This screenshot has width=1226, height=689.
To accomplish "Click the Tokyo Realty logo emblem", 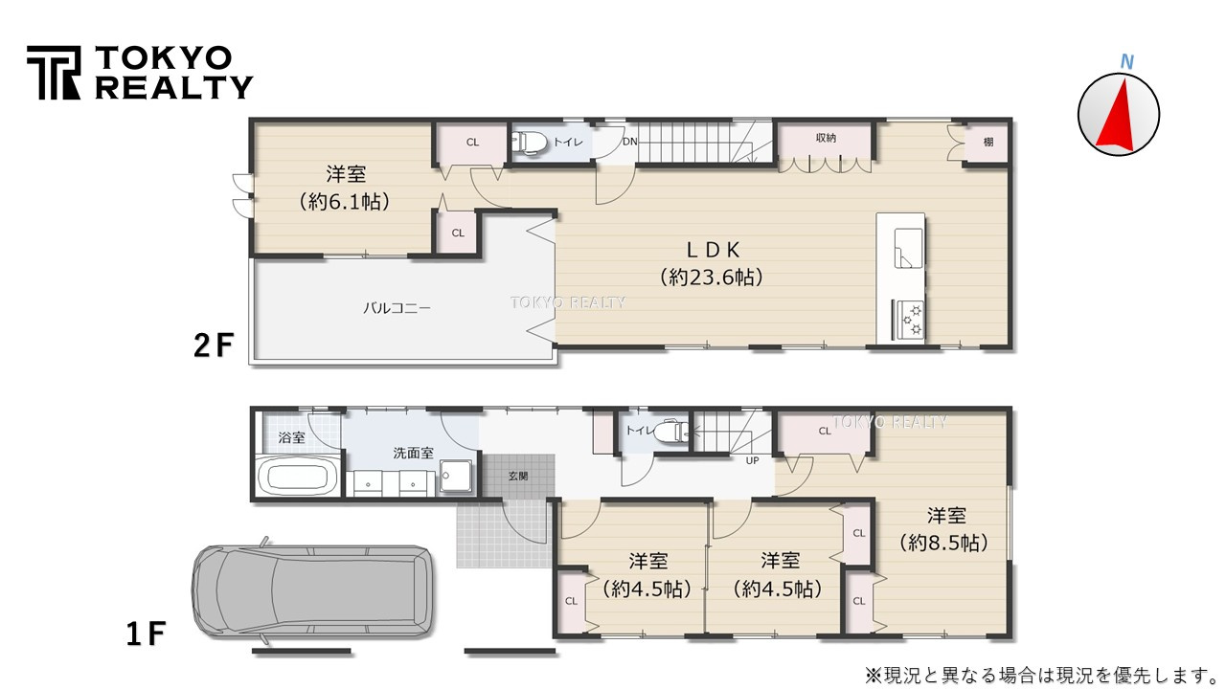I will (x=53, y=73).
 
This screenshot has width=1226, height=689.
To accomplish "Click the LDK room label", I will (x=710, y=251).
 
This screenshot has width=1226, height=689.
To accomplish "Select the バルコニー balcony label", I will (x=397, y=308).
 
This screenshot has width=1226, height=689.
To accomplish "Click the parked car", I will (x=311, y=592).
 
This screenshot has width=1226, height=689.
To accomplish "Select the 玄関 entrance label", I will (x=517, y=476).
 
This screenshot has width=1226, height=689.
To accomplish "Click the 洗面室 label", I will (x=412, y=452).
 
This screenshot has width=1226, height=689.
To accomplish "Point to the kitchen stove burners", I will (x=908, y=320).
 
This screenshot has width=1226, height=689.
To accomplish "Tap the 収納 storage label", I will (x=826, y=138).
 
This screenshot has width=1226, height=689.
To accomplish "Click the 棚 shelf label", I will (x=988, y=142).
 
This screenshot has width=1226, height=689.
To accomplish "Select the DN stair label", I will (x=629, y=142).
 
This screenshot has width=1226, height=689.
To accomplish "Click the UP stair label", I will (x=753, y=460).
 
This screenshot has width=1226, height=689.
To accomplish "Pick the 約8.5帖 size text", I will (x=944, y=543).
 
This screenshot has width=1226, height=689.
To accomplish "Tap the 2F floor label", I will (x=212, y=344).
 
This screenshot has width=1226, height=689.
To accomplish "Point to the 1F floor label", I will (x=146, y=633).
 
